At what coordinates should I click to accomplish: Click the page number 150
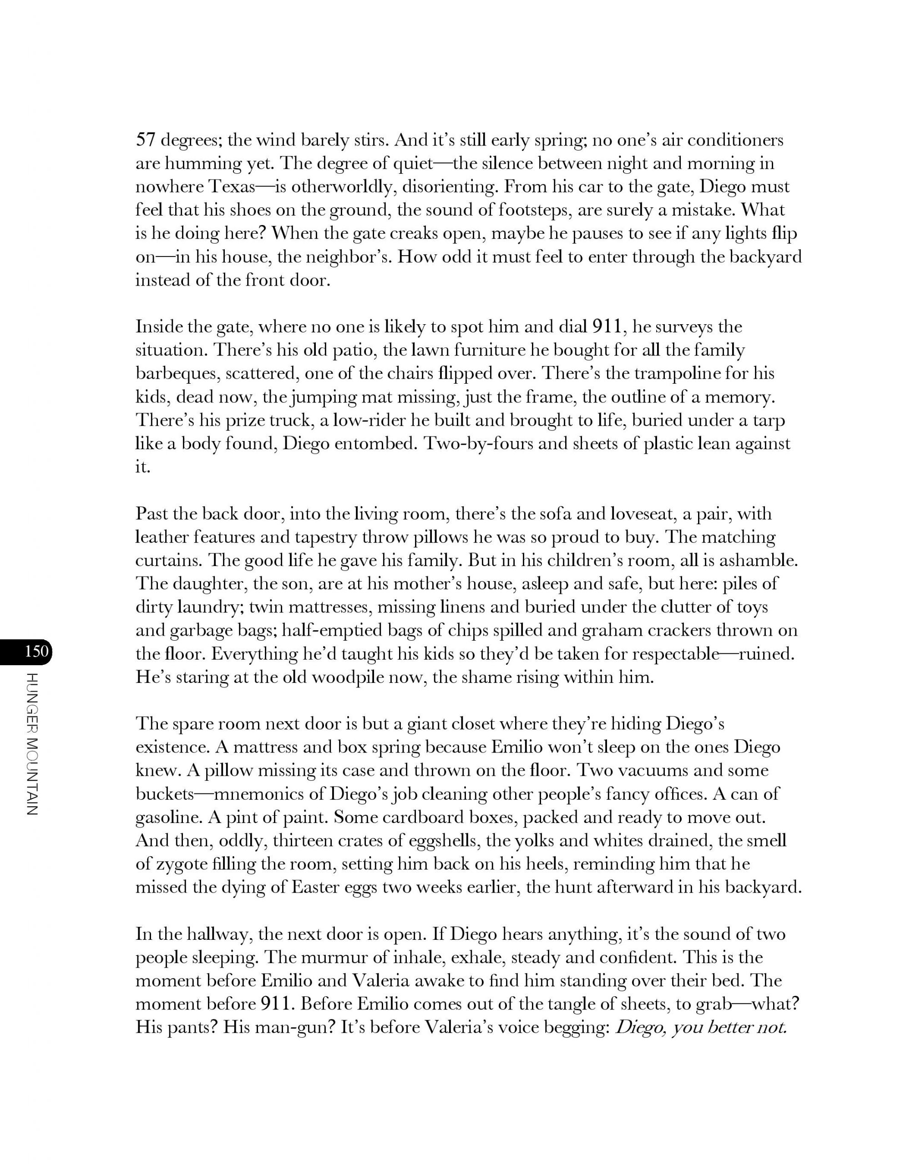[x=37, y=651]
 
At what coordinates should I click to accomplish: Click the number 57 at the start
[x=145, y=140]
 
